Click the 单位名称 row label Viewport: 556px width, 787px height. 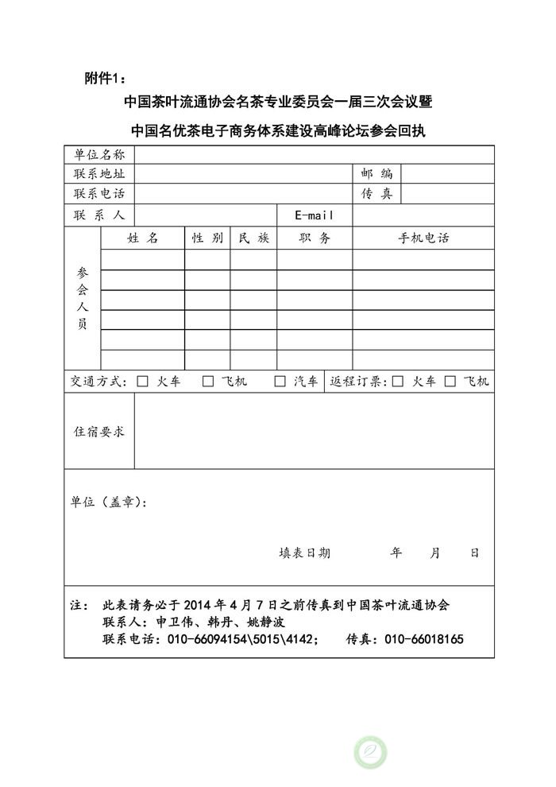(x=99, y=154)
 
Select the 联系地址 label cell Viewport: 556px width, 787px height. (x=99, y=173)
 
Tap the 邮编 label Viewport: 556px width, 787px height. (x=376, y=173)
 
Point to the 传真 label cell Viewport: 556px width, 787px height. (x=376, y=193)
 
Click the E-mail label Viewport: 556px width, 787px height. (x=314, y=215)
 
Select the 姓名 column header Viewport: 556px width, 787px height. (x=142, y=238)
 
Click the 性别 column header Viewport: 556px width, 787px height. (x=207, y=238)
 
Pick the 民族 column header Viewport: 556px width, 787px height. (x=253, y=238)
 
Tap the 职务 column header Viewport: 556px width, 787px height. (x=314, y=238)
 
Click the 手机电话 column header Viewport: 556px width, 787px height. (x=423, y=238)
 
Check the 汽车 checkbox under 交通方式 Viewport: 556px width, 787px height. (x=280, y=382)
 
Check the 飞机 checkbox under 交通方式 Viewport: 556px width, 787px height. (x=208, y=382)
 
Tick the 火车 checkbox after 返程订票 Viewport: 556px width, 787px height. (x=398, y=382)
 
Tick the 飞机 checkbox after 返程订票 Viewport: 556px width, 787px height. (x=450, y=382)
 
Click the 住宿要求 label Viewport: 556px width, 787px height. (x=99, y=432)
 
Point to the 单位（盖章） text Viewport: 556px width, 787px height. (x=108, y=502)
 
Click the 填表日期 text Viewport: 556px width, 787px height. (x=304, y=553)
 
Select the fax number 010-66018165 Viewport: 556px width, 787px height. (x=423, y=640)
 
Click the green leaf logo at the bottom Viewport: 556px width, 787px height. (x=370, y=751)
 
